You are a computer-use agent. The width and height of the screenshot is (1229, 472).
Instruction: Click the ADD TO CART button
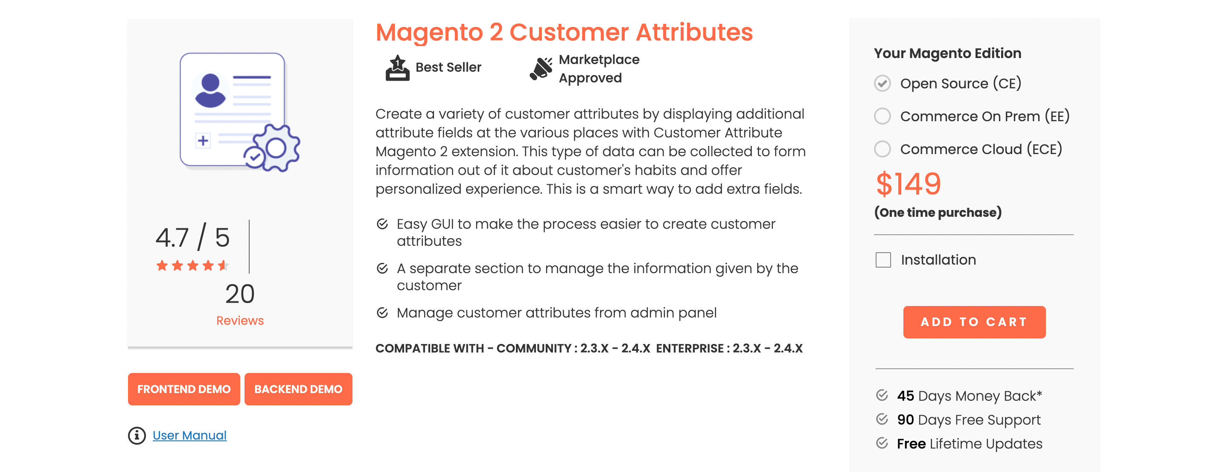[974, 322]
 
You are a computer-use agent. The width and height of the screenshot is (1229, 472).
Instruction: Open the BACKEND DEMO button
[298, 389]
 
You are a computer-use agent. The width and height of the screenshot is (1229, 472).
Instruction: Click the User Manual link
[189, 435]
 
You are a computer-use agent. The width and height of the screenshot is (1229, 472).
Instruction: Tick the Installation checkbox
[883, 260]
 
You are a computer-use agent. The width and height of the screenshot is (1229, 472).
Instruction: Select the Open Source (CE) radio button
[882, 84]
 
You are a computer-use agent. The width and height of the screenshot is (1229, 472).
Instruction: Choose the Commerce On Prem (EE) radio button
[882, 116]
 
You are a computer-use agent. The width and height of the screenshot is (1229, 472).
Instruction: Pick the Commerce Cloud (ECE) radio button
[882, 149]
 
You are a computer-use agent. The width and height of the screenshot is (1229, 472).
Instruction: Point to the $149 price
[909, 184]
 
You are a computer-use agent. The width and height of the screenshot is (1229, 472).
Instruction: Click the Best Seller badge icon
[397, 68]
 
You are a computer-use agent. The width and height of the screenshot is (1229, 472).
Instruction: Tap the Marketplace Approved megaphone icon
[541, 69]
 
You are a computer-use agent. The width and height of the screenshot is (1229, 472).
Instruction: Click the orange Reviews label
[240, 320]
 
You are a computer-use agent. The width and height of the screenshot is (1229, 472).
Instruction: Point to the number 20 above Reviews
[240, 294]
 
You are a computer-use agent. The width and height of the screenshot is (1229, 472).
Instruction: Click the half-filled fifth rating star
[223, 265]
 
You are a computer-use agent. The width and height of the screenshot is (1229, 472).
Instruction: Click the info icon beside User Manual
[137, 435]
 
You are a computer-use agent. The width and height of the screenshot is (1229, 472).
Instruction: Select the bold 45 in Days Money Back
[905, 396]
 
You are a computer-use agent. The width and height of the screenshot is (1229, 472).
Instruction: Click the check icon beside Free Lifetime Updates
[882, 443]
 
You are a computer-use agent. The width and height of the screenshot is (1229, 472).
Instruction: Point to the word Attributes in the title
[694, 32]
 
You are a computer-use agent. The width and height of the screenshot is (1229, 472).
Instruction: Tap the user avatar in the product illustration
[210, 90]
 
